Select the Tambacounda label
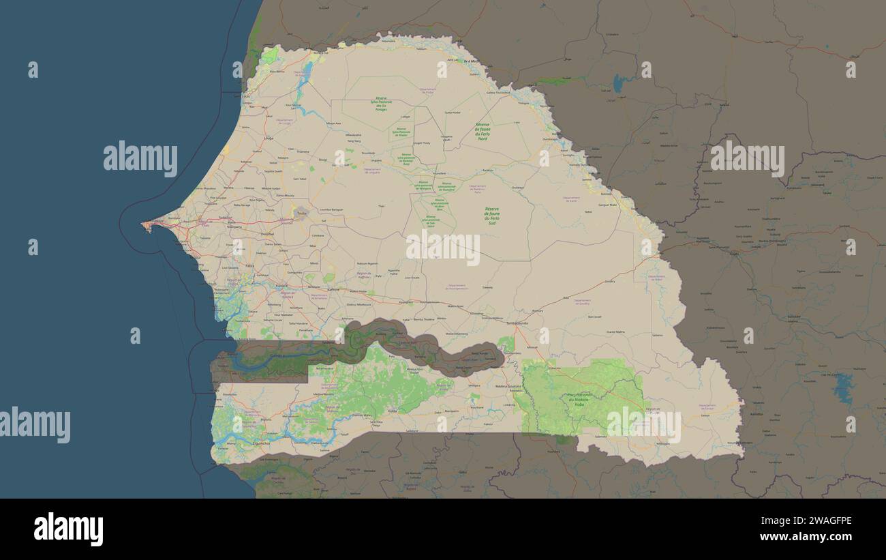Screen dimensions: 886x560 click(x=518, y=323)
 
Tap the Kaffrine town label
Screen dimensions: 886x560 click(x=333, y=289)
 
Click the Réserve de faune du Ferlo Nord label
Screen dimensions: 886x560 click(x=483, y=132)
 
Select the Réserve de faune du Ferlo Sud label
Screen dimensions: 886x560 click(x=492, y=214)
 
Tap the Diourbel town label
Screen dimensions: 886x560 click(x=267, y=233)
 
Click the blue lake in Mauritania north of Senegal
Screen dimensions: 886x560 click(x=618, y=83)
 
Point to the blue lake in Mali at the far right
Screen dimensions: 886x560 click(x=844, y=387)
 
